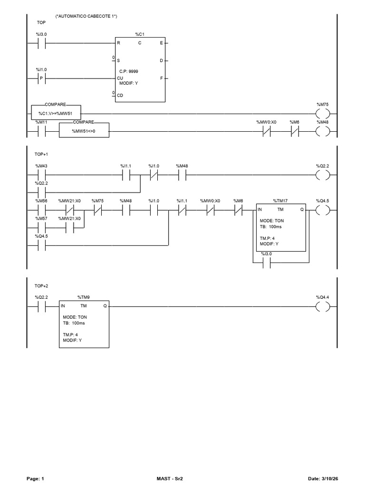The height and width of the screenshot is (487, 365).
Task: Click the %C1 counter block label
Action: pyautogui.click(x=140, y=34)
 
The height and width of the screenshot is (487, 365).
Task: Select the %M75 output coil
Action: pyautogui.click(x=323, y=114)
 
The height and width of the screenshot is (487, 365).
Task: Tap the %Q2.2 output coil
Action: pyautogui.click(x=323, y=175)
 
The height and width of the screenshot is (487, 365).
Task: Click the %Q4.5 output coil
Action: pyautogui.click(x=323, y=210)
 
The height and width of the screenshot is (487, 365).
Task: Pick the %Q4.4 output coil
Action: pyautogui.click(x=323, y=307)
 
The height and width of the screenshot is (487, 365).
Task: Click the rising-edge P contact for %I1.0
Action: pyautogui.click(x=41, y=79)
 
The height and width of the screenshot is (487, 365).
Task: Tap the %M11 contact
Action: pyautogui.click(x=41, y=132)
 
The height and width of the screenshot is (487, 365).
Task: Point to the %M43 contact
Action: pyautogui.click(x=41, y=175)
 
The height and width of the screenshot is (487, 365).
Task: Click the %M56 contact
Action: pyautogui.click(x=41, y=210)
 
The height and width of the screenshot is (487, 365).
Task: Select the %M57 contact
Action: pyautogui.click(x=41, y=228)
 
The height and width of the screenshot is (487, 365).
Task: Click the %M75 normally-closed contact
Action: pyautogui.click(x=98, y=210)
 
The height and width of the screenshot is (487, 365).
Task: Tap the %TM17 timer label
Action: pyautogui.click(x=280, y=201)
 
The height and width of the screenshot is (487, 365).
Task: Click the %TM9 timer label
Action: pyautogui.click(x=84, y=297)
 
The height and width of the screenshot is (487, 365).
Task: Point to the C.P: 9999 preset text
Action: pyautogui.click(x=129, y=71)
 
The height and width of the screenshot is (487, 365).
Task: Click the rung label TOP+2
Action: pyautogui.click(x=41, y=286)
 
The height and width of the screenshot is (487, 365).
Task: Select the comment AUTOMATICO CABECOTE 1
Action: pyautogui.click(x=86, y=16)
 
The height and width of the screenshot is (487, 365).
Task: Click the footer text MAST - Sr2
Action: pyautogui.click(x=170, y=478)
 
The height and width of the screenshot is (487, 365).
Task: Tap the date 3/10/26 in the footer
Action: pyautogui.click(x=330, y=478)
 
